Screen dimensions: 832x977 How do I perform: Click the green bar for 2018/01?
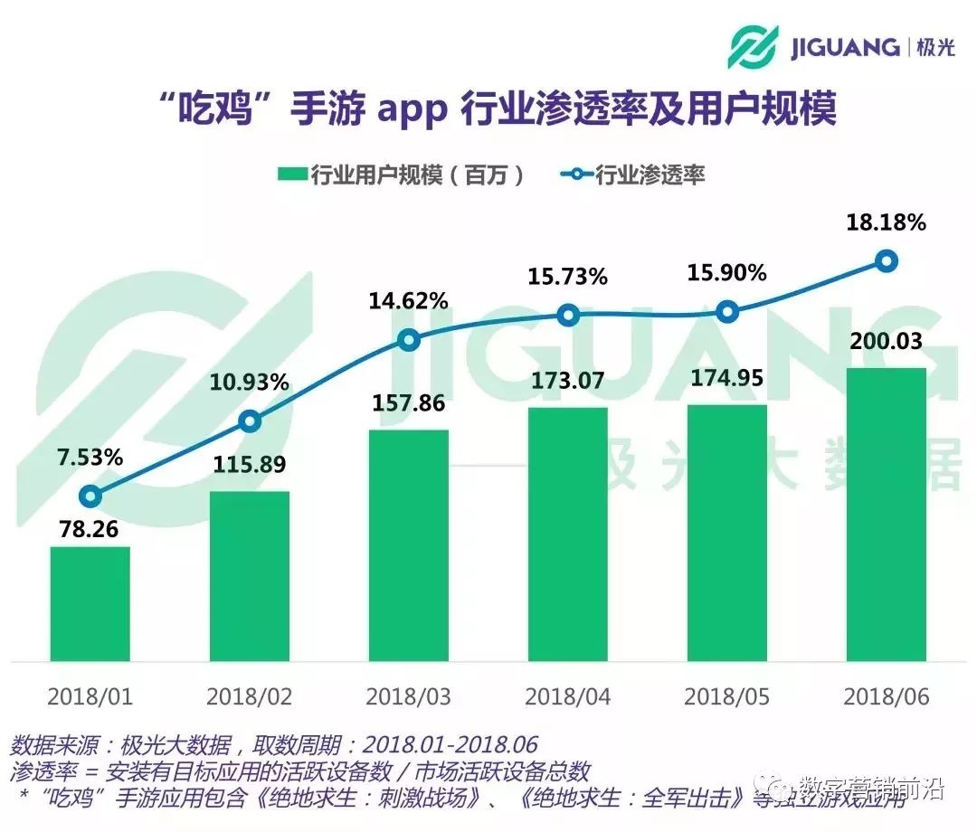click(90, 603)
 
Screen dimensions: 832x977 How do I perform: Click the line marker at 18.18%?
click(887, 261)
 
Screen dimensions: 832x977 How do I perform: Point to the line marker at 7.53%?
click(90, 496)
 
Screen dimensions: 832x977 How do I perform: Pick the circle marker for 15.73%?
click(568, 315)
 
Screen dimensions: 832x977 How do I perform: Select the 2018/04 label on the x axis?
click(568, 697)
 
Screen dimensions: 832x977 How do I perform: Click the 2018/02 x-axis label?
click(250, 697)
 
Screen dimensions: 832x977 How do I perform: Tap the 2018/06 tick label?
click(887, 697)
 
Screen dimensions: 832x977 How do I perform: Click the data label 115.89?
click(250, 466)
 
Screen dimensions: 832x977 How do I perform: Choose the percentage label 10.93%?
click(250, 382)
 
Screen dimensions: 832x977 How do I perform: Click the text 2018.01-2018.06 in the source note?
click(450, 745)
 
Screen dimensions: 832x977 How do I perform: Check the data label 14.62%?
click(409, 301)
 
